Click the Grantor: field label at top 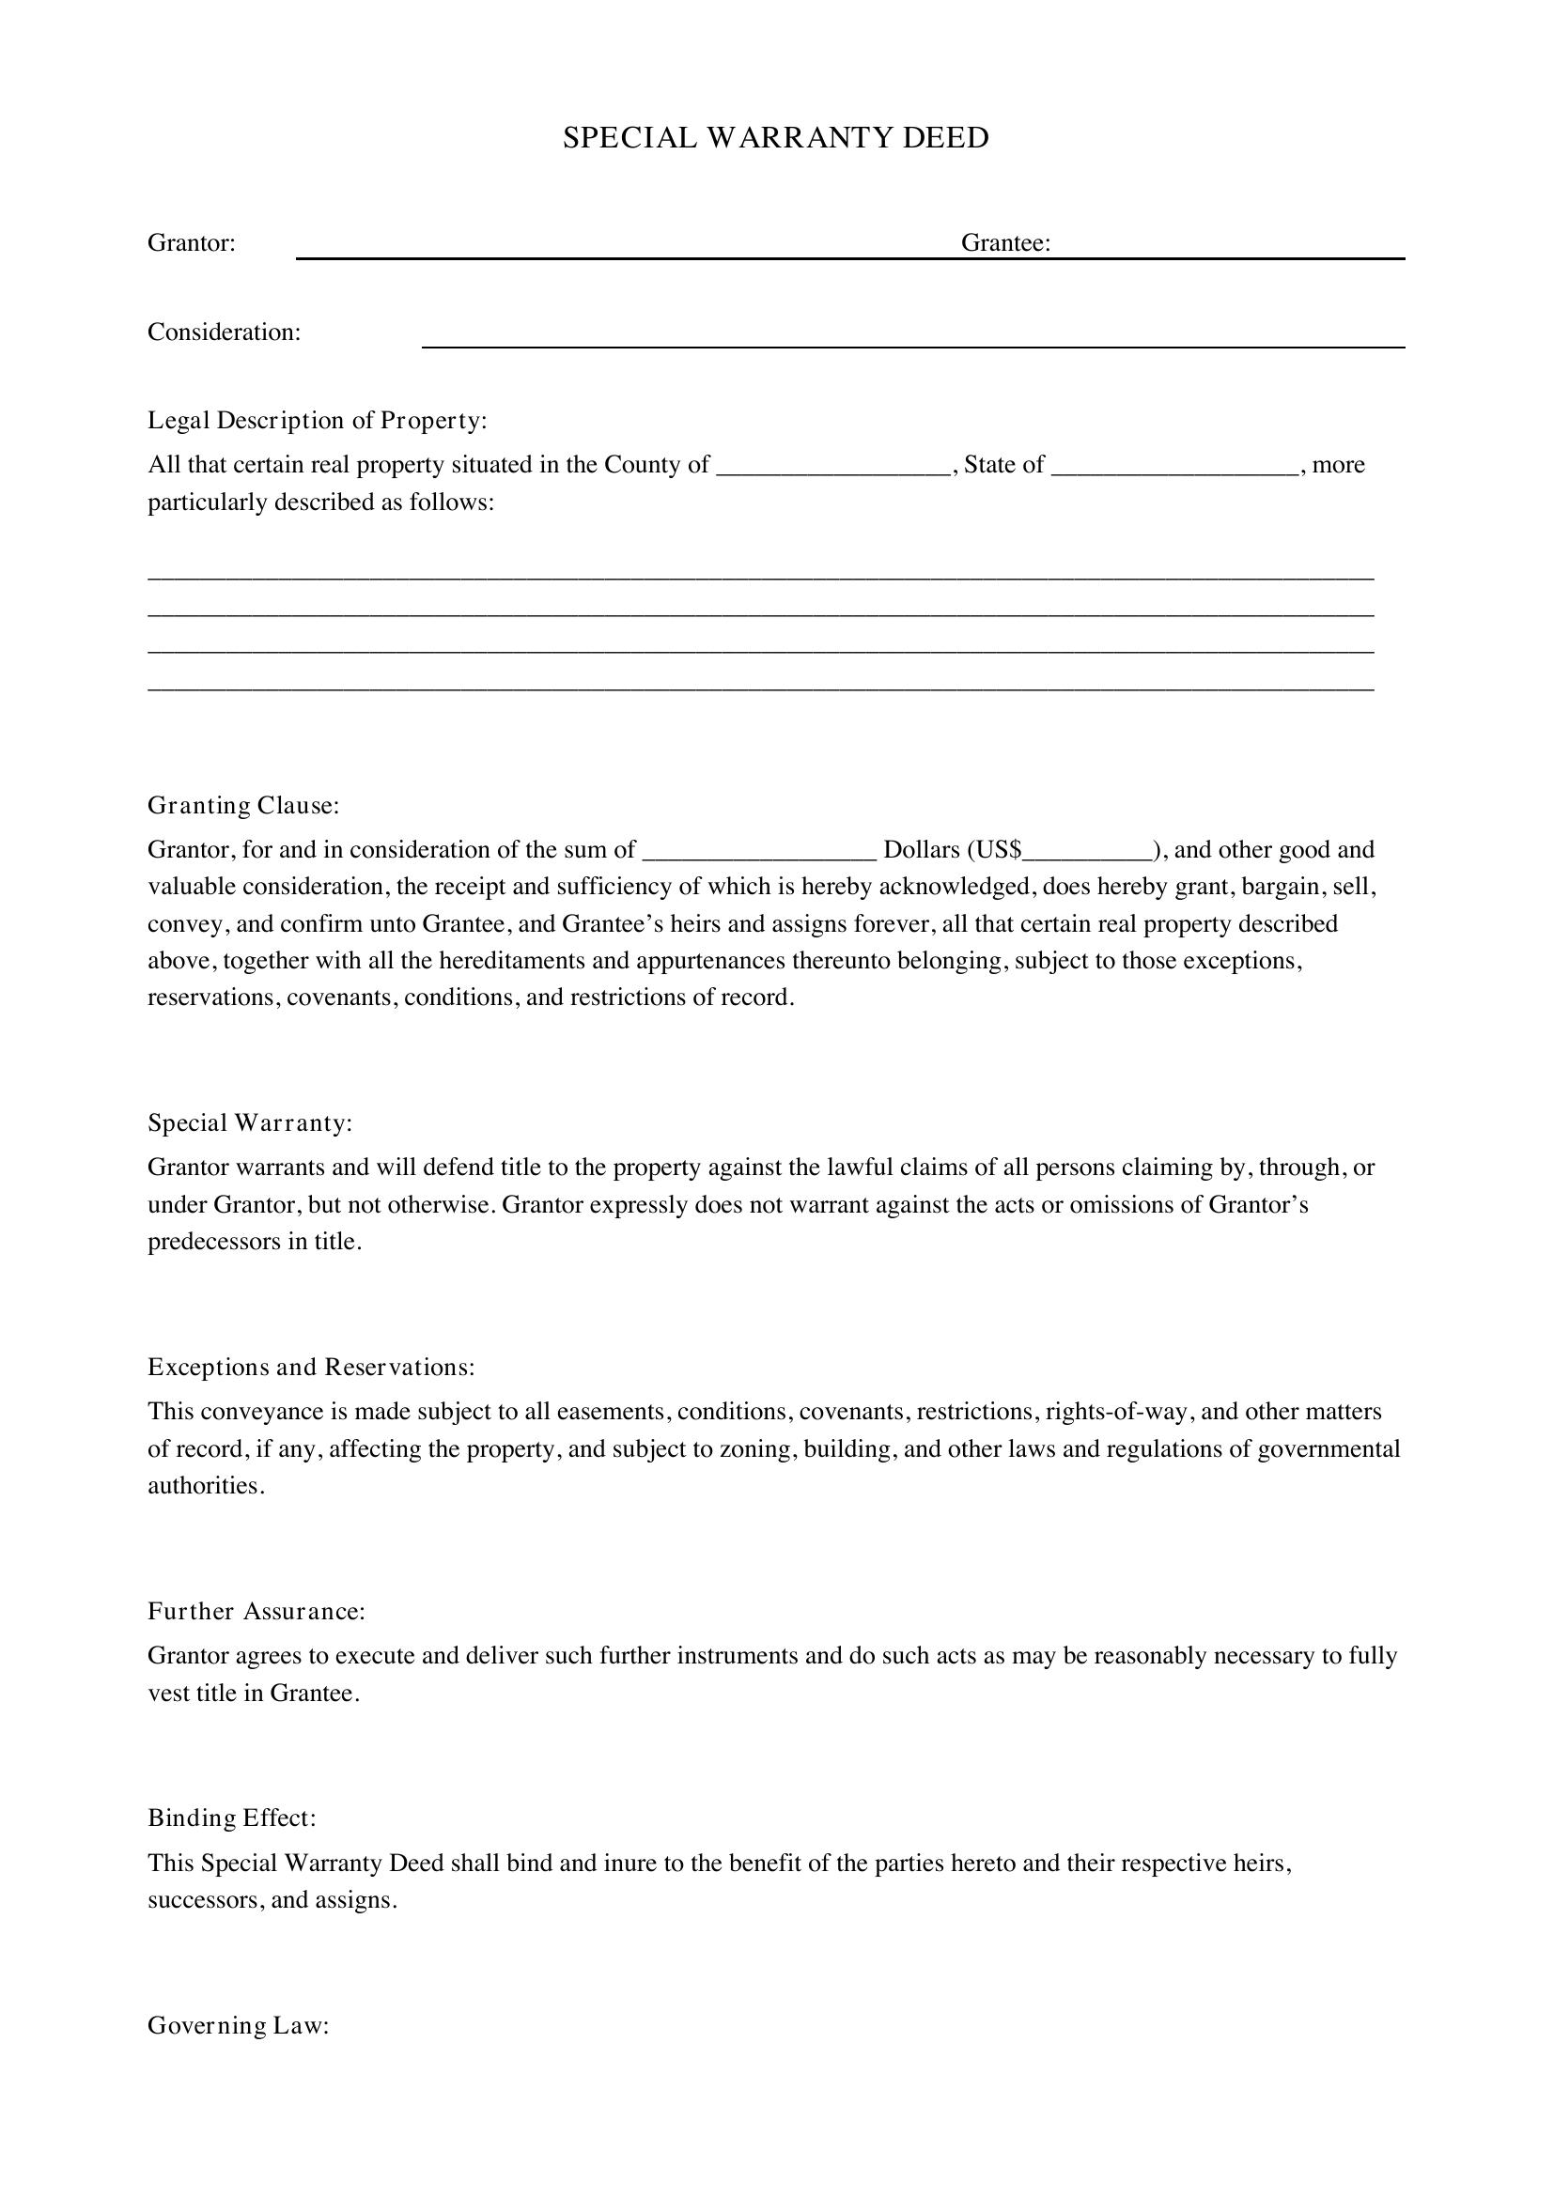click(x=192, y=243)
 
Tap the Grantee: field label click(x=1005, y=243)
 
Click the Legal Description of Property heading click(x=317, y=420)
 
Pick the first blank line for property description click(x=761, y=578)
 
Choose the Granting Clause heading click(x=243, y=806)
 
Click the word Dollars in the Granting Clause click(x=921, y=850)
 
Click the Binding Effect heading click(x=231, y=1818)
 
